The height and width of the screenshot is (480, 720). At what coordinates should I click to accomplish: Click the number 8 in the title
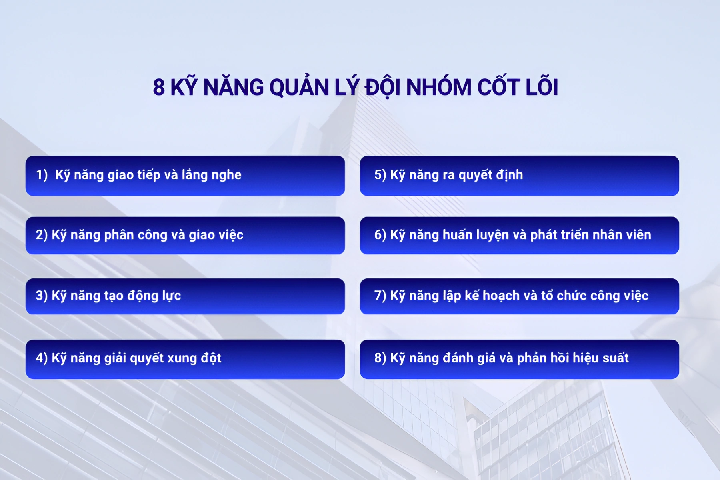click(x=159, y=87)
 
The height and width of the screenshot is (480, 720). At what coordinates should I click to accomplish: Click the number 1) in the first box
click(x=42, y=175)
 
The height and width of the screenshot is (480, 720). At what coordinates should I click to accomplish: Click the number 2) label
click(x=42, y=235)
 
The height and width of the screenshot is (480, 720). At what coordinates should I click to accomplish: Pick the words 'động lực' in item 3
click(x=154, y=296)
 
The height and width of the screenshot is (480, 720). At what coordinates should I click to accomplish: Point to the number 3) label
click(x=42, y=296)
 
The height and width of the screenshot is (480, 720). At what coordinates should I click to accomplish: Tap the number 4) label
click(x=42, y=358)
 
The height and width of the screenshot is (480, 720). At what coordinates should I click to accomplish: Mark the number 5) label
click(x=380, y=175)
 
